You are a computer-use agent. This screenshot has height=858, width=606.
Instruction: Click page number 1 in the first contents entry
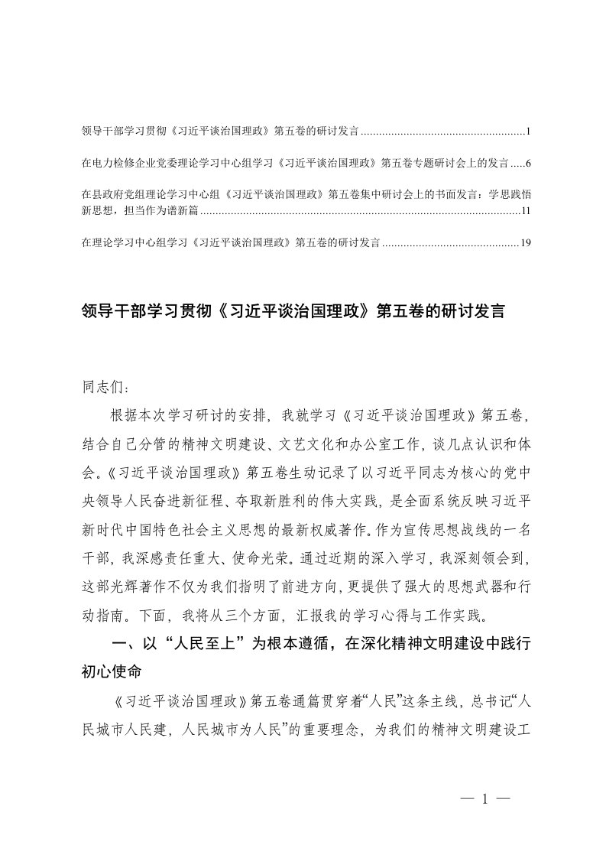click(527, 132)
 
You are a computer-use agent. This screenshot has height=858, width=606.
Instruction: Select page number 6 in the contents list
click(527, 164)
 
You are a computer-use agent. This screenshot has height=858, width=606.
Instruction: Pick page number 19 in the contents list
click(524, 243)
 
